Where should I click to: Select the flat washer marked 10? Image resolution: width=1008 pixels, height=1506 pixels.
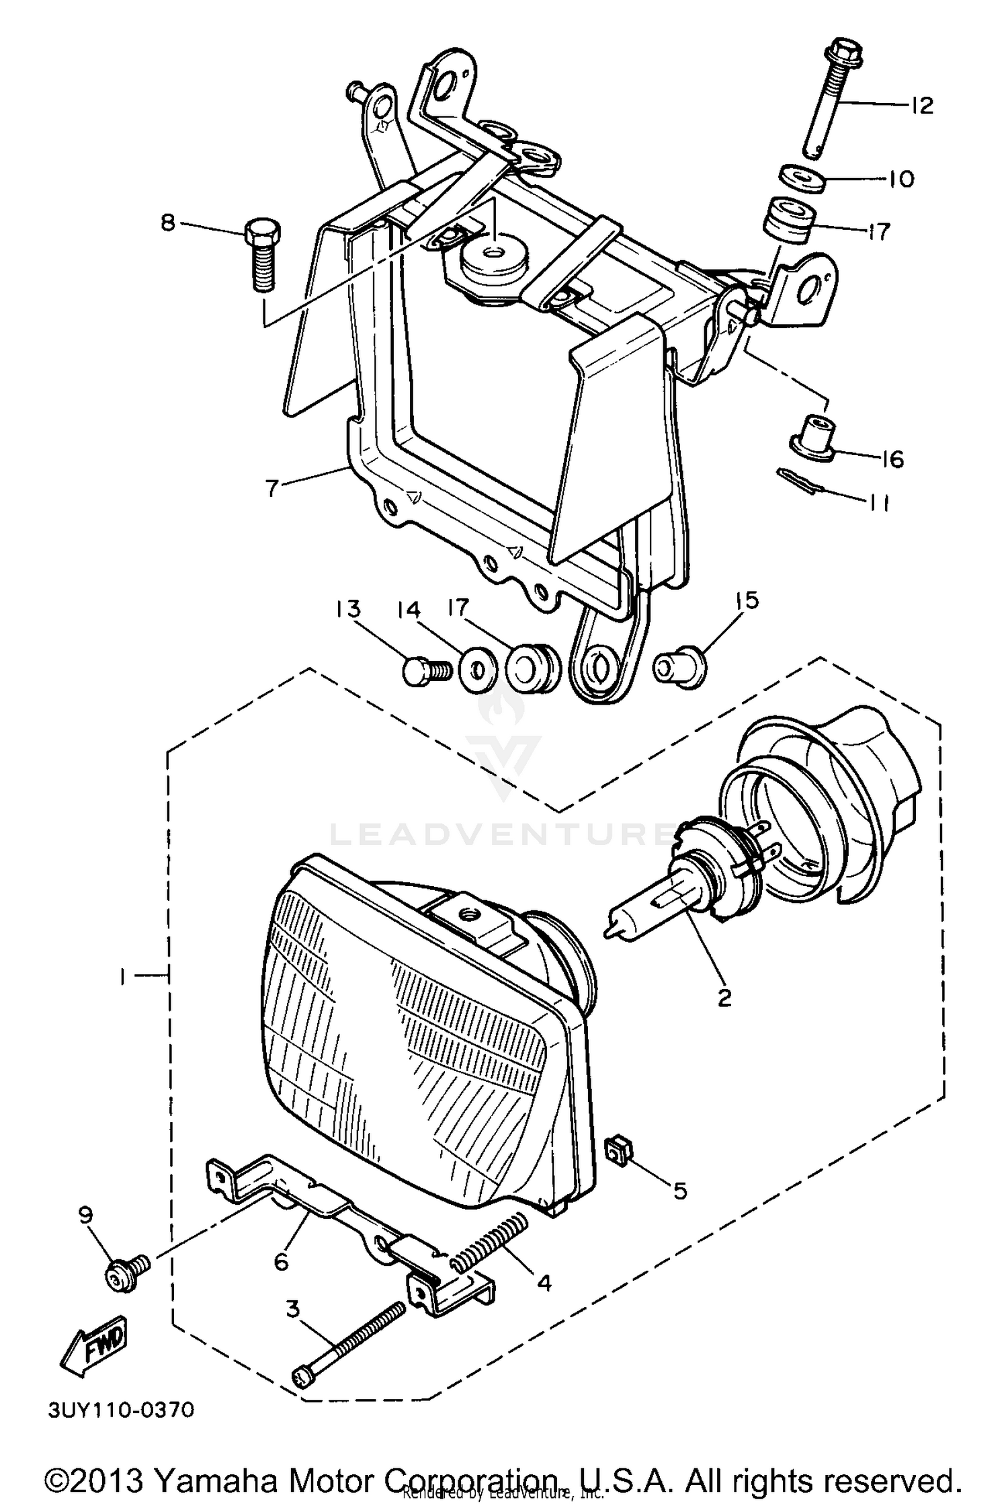(x=802, y=180)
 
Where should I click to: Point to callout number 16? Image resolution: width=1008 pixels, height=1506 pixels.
(x=892, y=460)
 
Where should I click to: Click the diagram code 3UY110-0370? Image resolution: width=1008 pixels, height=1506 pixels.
(x=121, y=1409)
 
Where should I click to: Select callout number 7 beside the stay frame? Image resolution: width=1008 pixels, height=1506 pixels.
(x=271, y=487)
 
